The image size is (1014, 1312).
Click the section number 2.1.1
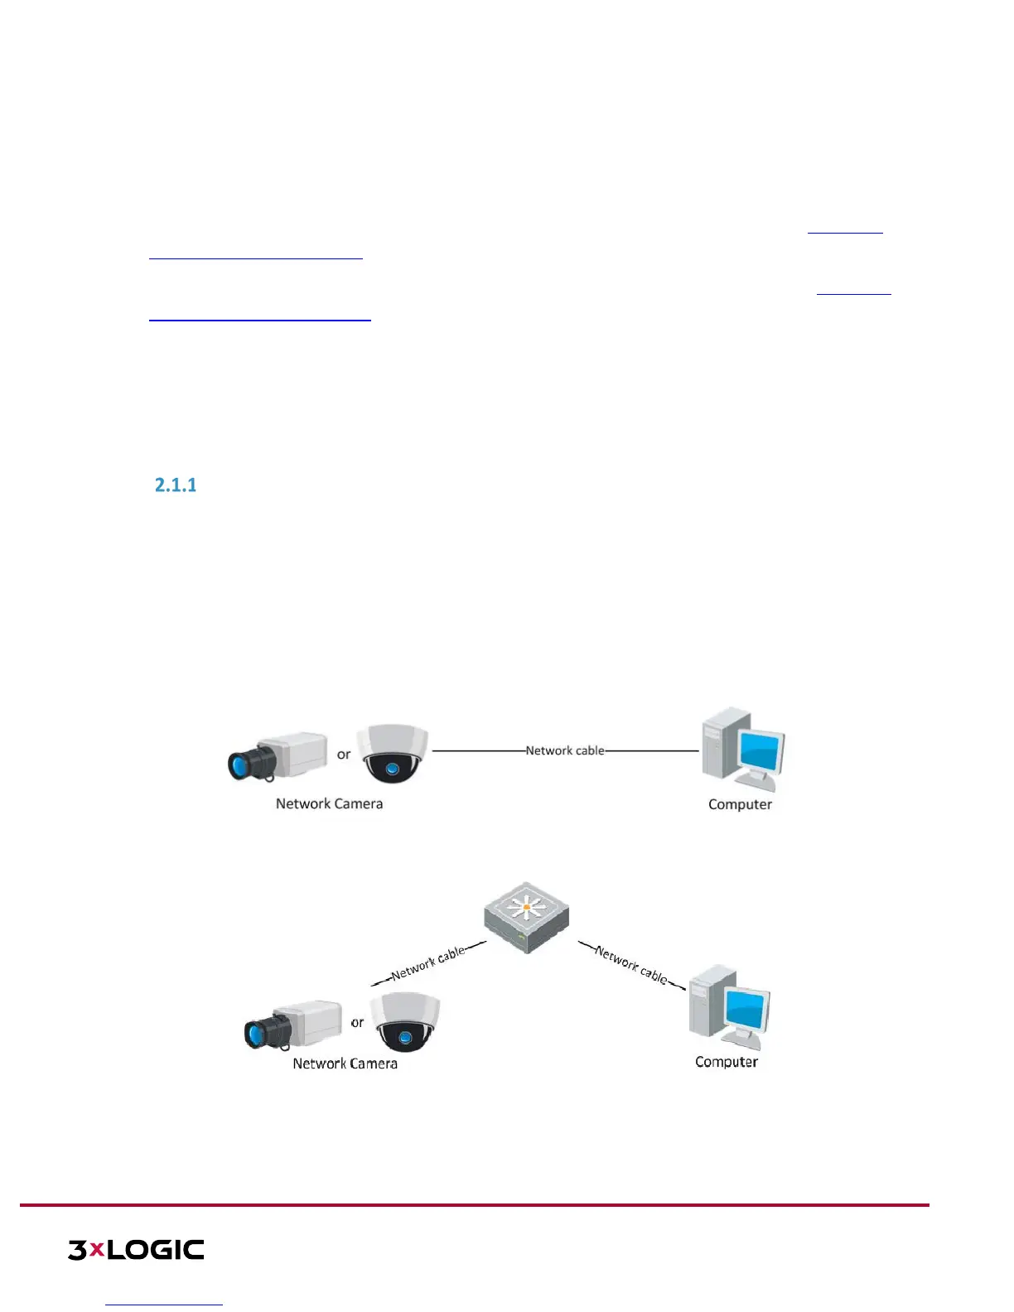point(176,485)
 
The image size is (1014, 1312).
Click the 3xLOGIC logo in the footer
point(136,1250)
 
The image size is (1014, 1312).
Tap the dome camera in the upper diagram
point(392,753)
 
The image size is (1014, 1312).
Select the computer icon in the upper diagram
point(742,749)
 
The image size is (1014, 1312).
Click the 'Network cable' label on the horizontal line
point(565,750)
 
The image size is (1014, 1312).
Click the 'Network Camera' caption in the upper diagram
point(329,803)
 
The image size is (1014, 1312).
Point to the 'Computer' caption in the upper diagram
point(740,804)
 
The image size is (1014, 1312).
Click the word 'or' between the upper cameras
point(344,755)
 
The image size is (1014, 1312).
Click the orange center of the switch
point(526,908)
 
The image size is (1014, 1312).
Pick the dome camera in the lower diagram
point(404,1021)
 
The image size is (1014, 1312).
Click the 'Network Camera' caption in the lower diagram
point(345,1064)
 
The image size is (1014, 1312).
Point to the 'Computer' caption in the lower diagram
point(727,1062)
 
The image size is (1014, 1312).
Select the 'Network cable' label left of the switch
point(428,963)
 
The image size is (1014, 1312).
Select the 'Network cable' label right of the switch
point(631,964)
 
